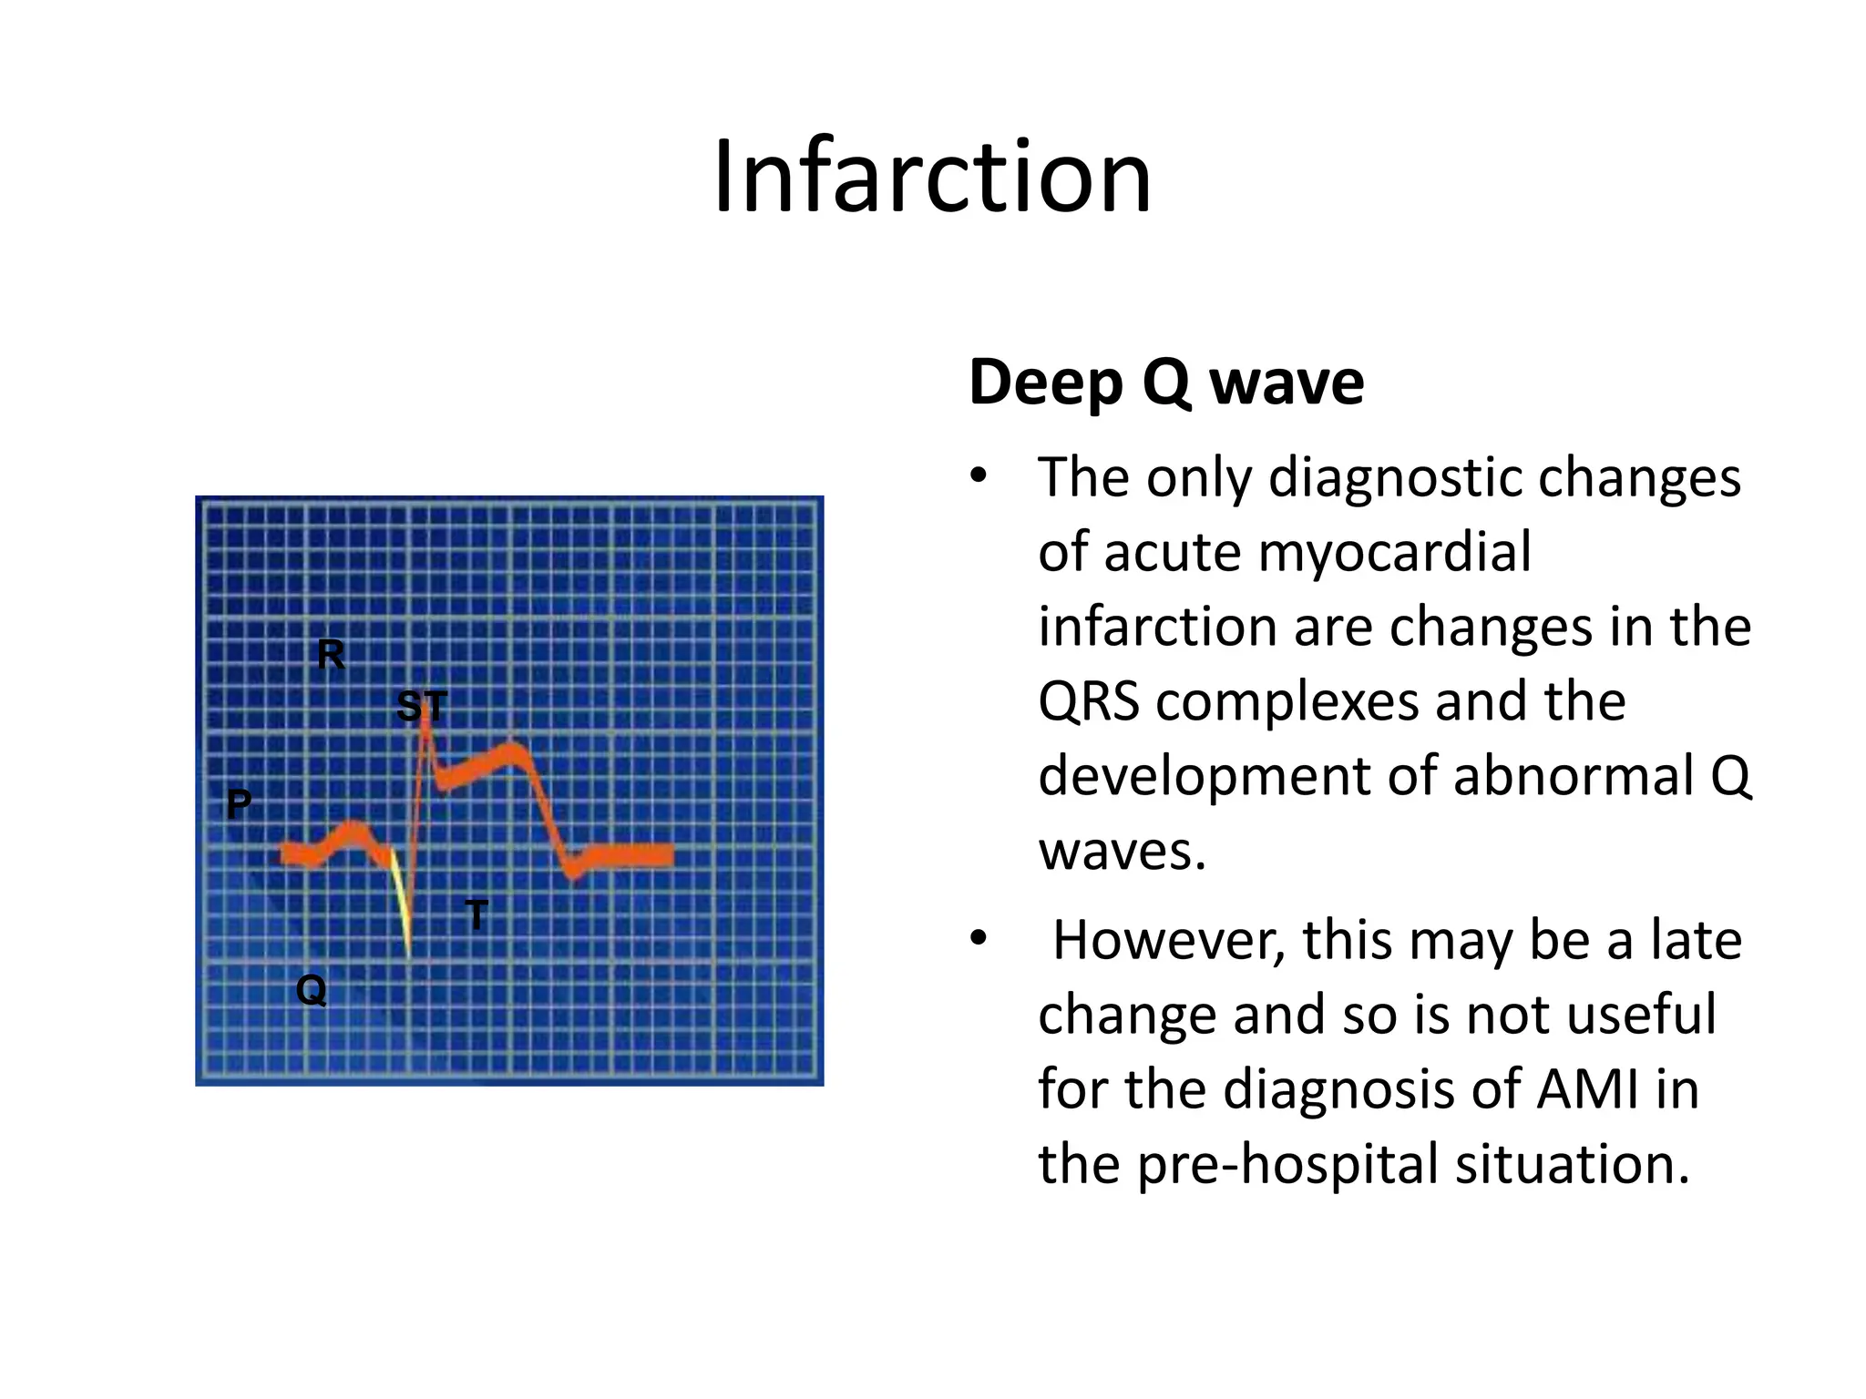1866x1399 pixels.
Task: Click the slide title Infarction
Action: pos(932,177)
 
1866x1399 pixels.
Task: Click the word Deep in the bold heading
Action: pos(1045,383)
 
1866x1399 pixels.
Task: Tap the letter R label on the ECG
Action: pos(331,654)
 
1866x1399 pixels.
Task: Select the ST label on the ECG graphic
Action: pos(422,706)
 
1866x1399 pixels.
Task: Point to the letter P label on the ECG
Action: pos(239,804)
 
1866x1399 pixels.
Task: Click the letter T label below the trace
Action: pos(477,914)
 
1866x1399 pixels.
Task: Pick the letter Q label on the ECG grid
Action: pos(312,988)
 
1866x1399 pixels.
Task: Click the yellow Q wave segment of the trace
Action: pos(401,902)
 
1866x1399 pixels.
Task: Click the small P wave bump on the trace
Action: pos(353,830)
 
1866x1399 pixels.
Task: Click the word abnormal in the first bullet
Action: pos(1574,776)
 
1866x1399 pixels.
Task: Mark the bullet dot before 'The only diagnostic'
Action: pos(979,475)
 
